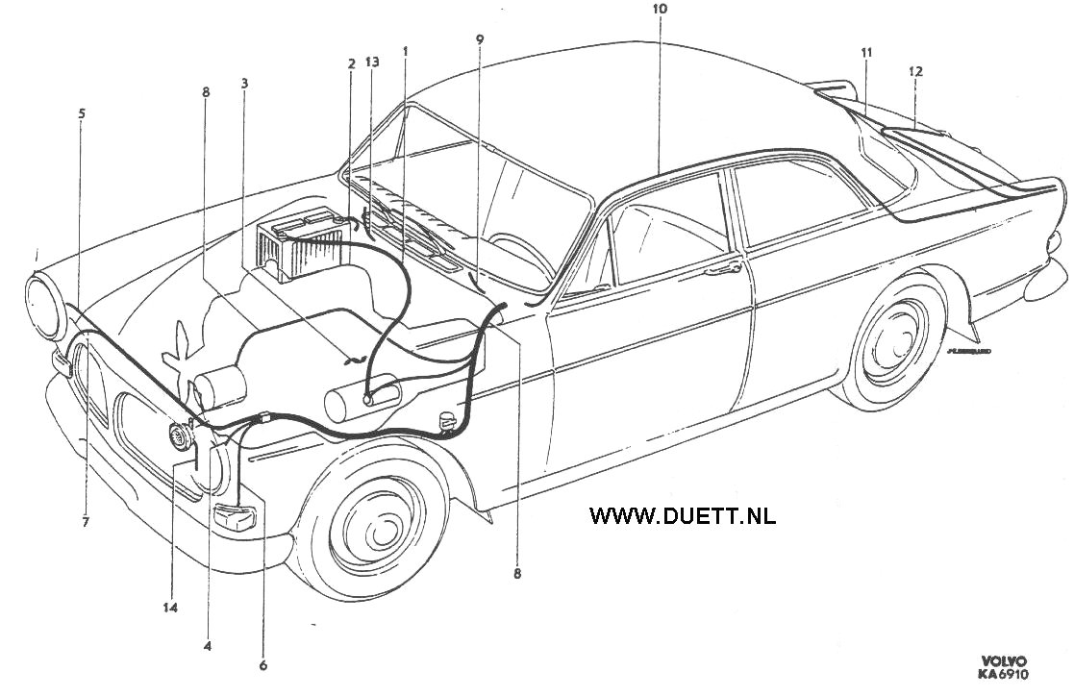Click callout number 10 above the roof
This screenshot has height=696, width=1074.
[x=659, y=9]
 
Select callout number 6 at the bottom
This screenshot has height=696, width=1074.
[x=263, y=664]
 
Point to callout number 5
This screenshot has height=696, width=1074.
[x=82, y=113]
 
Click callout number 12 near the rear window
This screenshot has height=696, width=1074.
[x=914, y=71]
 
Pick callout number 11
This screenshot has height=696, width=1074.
[x=866, y=53]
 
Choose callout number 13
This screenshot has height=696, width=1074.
[x=372, y=62]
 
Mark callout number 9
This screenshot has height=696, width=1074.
[x=479, y=40]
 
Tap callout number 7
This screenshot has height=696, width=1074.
[x=86, y=522]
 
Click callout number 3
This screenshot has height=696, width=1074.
[x=244, y=84]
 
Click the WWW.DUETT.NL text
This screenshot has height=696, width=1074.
[x=682, y=515]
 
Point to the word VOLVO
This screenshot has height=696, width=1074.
[x=1004, y=661]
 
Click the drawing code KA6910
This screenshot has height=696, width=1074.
[x=1004, y=675]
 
